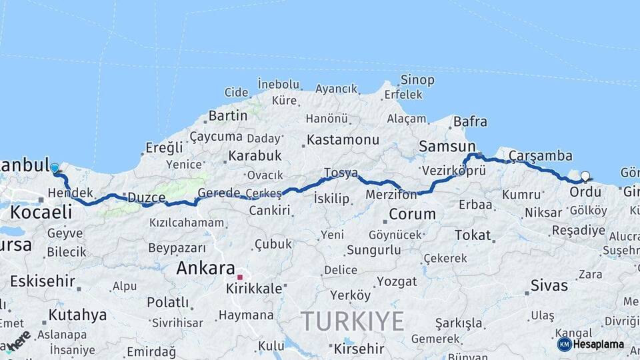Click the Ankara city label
point(205,268)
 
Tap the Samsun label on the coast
point(447,146)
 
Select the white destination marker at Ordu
point(585,177)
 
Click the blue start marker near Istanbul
point(55,169)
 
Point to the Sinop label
point(417,80)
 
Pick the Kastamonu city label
point(343,140)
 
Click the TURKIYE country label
point(353,321)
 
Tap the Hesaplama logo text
point(598,345)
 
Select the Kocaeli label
point(41,212)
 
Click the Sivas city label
point(549,285)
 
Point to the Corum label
point(412,215)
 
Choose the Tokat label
point(473,235)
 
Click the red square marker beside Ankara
point(240,275)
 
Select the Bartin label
point(228,115)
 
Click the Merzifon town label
point(391,195)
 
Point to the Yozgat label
point(396,281)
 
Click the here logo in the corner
point(18,340)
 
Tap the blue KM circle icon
point(564,345)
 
